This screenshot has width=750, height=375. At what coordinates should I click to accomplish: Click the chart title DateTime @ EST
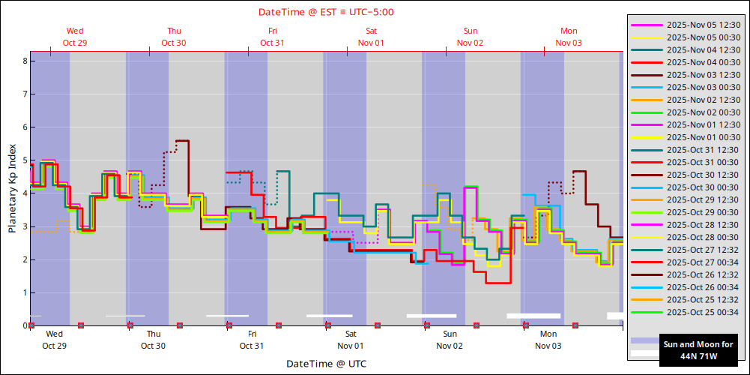(326, 12)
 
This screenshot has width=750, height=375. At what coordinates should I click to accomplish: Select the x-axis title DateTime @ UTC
(326, 363)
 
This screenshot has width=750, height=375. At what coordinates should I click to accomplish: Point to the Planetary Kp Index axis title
(13, 188)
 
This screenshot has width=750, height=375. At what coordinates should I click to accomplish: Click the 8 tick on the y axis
(25, 61)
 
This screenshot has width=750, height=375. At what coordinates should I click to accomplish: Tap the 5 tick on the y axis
(25, 160)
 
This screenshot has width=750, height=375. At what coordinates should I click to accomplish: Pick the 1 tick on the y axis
(25, 292)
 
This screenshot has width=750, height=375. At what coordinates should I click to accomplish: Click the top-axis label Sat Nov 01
(371, 37)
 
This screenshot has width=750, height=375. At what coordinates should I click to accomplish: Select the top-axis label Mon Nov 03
(569, 37)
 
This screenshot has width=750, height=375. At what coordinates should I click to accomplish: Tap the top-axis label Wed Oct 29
(75, 37)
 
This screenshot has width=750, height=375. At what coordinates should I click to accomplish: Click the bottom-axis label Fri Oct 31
(252, 340)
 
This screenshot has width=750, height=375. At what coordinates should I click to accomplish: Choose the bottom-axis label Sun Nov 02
(450, 340)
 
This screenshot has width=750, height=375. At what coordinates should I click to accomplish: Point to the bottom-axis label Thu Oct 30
(153, 340)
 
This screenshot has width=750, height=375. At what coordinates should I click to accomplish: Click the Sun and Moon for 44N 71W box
(689, 350)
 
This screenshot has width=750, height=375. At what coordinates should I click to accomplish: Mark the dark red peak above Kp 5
(182, 140)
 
